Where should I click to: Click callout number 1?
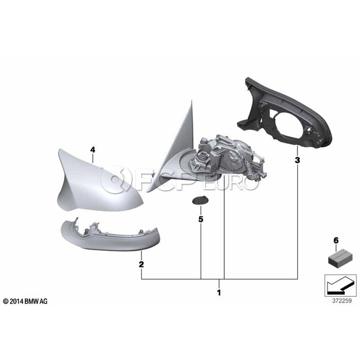point(219,292)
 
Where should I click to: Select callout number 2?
point(141,264)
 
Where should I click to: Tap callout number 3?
point(297,160)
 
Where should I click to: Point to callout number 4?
point(92,150)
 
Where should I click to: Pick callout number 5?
point(201,219)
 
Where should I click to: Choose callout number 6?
point(336,241)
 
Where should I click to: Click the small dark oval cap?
point(198,200)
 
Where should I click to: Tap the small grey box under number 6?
point(336,260)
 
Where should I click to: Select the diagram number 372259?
point(342,301)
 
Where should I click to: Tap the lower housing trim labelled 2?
point(110,239)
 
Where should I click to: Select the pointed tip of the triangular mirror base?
point(191,100)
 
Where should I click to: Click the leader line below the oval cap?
point(201,243)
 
